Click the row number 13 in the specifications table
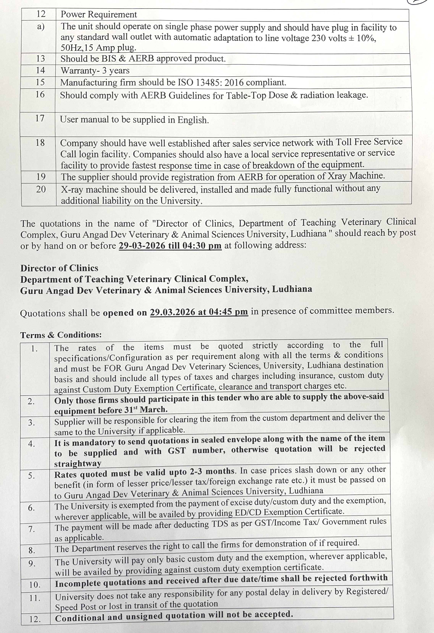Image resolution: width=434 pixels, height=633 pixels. [40, 59]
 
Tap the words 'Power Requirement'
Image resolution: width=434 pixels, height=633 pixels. [99, 14]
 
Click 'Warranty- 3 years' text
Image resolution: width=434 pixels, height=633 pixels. [95, 71]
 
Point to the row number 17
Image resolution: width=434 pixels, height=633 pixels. [40, 118]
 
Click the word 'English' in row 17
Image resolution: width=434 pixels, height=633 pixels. [193, 120]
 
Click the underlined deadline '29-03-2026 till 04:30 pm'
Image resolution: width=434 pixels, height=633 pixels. [170, 245]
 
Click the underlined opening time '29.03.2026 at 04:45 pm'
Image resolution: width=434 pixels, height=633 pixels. [199, 312]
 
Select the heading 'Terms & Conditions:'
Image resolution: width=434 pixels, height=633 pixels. [61, 335]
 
